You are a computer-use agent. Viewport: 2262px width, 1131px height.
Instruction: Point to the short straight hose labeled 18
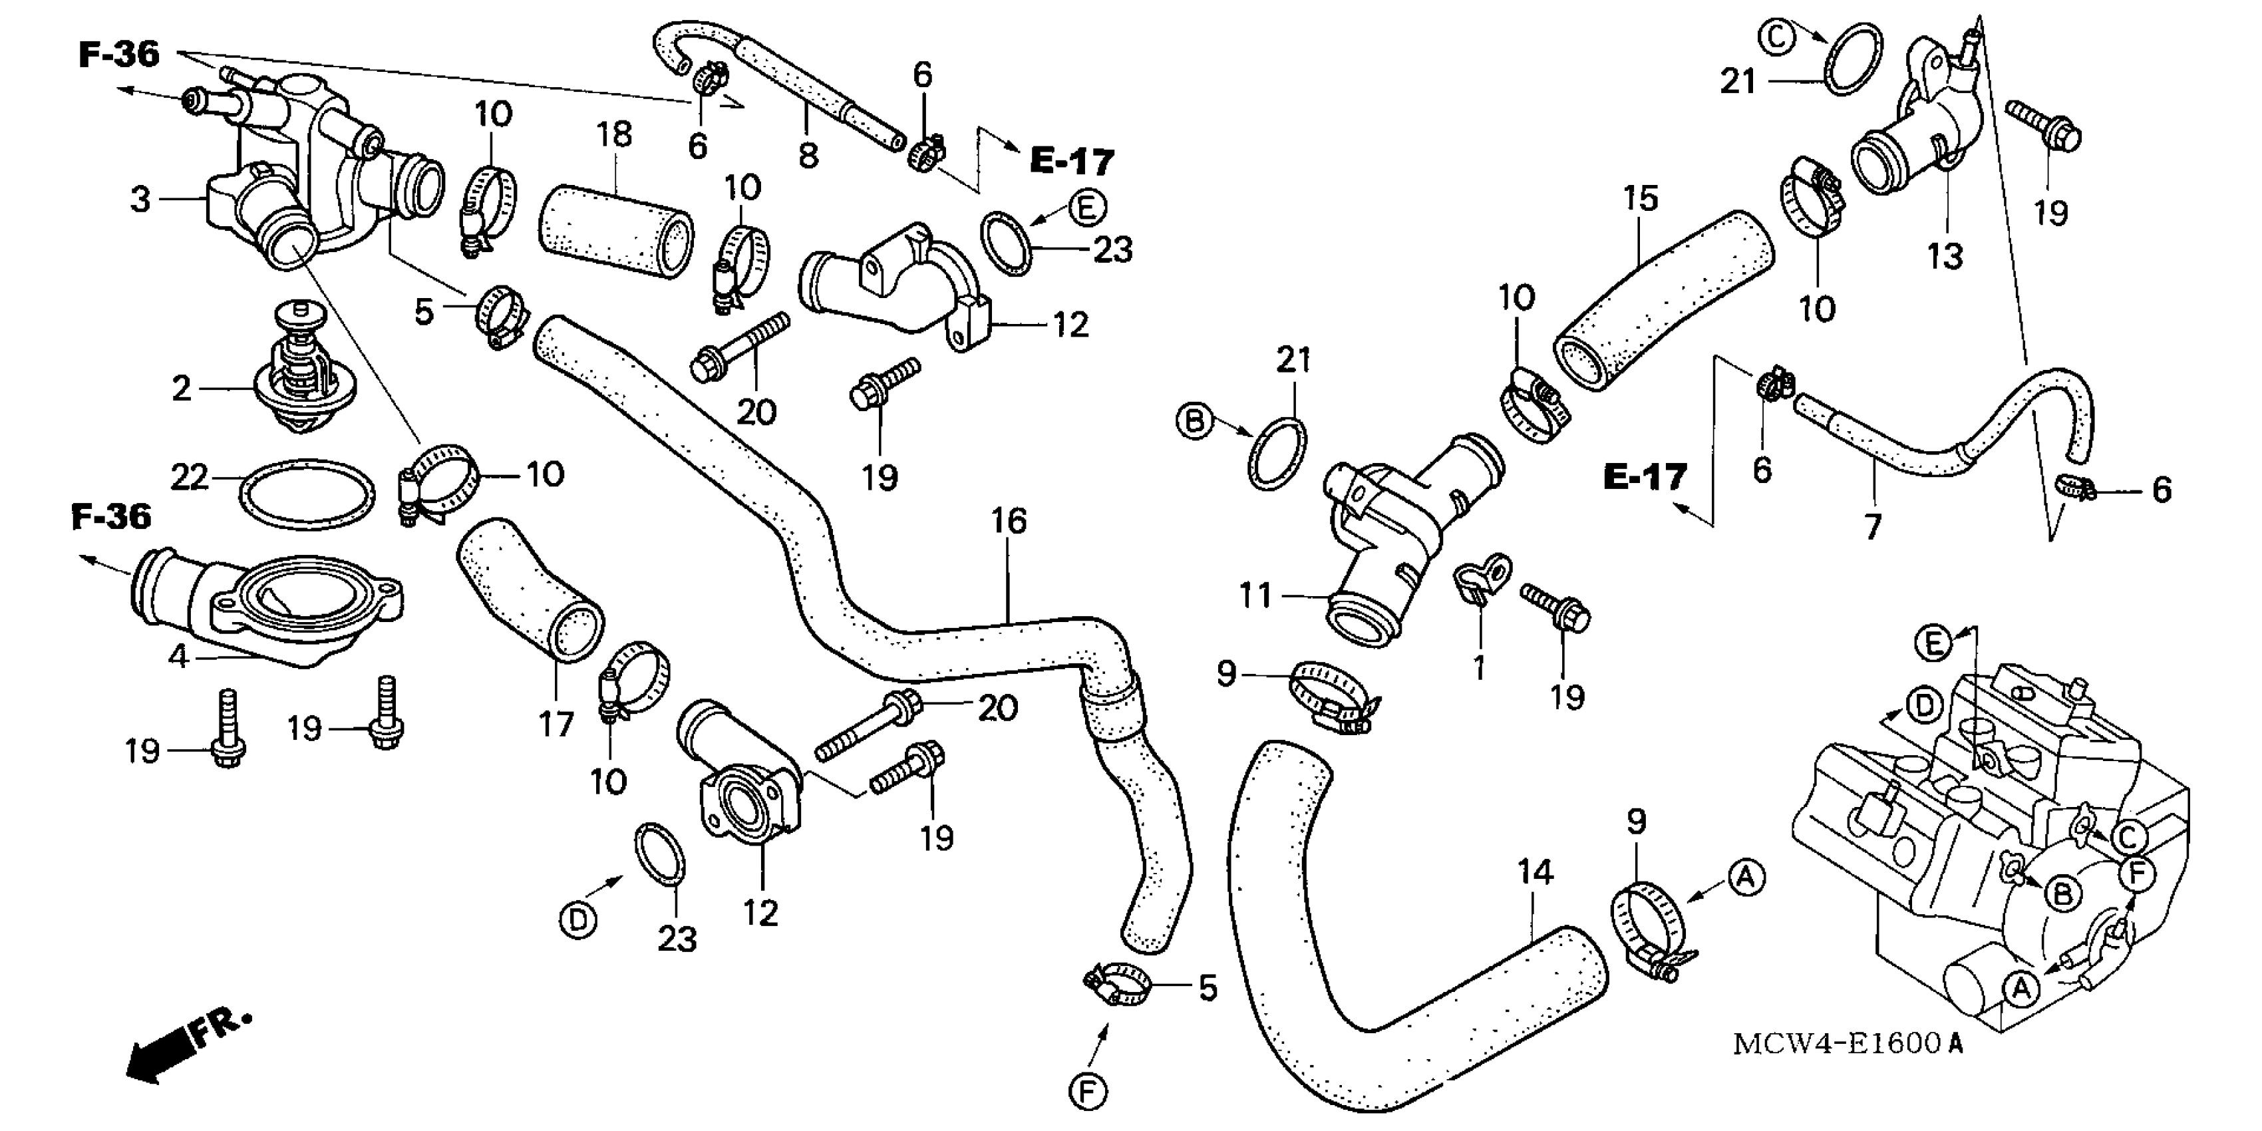coord(615,230)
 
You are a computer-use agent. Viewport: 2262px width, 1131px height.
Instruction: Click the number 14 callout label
coord(1535,872)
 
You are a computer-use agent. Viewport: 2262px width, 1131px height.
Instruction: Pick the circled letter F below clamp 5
coord(1087,1092)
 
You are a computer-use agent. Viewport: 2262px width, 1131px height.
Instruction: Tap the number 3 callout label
coord(140,200)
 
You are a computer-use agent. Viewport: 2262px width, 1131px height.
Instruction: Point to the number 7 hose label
coord(1872,527)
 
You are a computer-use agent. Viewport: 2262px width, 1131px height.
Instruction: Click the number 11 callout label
coord(1255,596)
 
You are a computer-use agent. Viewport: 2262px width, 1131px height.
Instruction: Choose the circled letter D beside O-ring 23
coord(577,919)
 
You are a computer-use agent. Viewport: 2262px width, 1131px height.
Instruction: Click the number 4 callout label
coord(178,655)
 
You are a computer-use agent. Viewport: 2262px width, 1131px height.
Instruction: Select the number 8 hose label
coord(808,156)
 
